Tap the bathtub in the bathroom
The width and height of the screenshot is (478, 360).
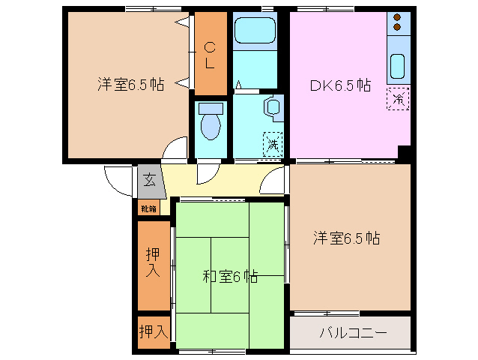[x=255, y=31]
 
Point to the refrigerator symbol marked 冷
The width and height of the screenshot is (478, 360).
[x=399, y=98]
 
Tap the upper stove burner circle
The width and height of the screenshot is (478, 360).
[x=398, y=18]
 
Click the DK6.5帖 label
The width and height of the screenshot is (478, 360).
[x=341, y=85]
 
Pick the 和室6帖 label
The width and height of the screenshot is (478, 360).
[x=230, y=276]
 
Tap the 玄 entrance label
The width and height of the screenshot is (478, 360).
[x=149, y=180]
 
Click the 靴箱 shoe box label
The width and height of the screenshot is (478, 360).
[x=148, y=208]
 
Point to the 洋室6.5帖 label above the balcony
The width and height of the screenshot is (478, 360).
[x=346, y=238]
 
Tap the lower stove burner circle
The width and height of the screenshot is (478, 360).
[x=398, y=28]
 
